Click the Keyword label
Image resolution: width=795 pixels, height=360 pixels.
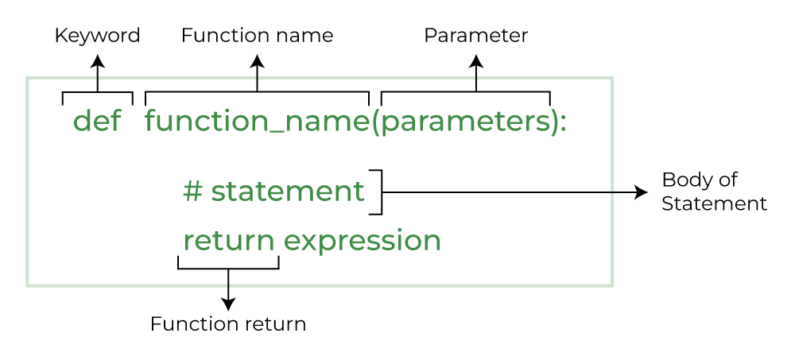97,36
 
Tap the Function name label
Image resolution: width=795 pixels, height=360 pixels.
257,36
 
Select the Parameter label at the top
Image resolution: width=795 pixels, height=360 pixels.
475,36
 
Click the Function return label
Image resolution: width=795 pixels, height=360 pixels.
228,324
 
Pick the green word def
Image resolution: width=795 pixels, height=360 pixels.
97,122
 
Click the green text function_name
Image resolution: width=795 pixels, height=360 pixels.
257,122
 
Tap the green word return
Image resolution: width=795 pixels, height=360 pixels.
229,240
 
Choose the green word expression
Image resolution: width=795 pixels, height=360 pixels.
362,242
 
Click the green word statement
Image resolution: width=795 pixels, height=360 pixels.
288,192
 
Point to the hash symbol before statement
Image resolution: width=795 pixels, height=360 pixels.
192,192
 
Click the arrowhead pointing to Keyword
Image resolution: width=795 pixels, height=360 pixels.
98,60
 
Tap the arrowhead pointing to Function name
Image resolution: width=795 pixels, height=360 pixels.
257,60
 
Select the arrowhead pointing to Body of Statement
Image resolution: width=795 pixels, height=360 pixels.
642,192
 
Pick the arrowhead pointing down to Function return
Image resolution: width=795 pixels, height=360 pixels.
228,304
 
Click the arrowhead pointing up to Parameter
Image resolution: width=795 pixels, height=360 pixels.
476,60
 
